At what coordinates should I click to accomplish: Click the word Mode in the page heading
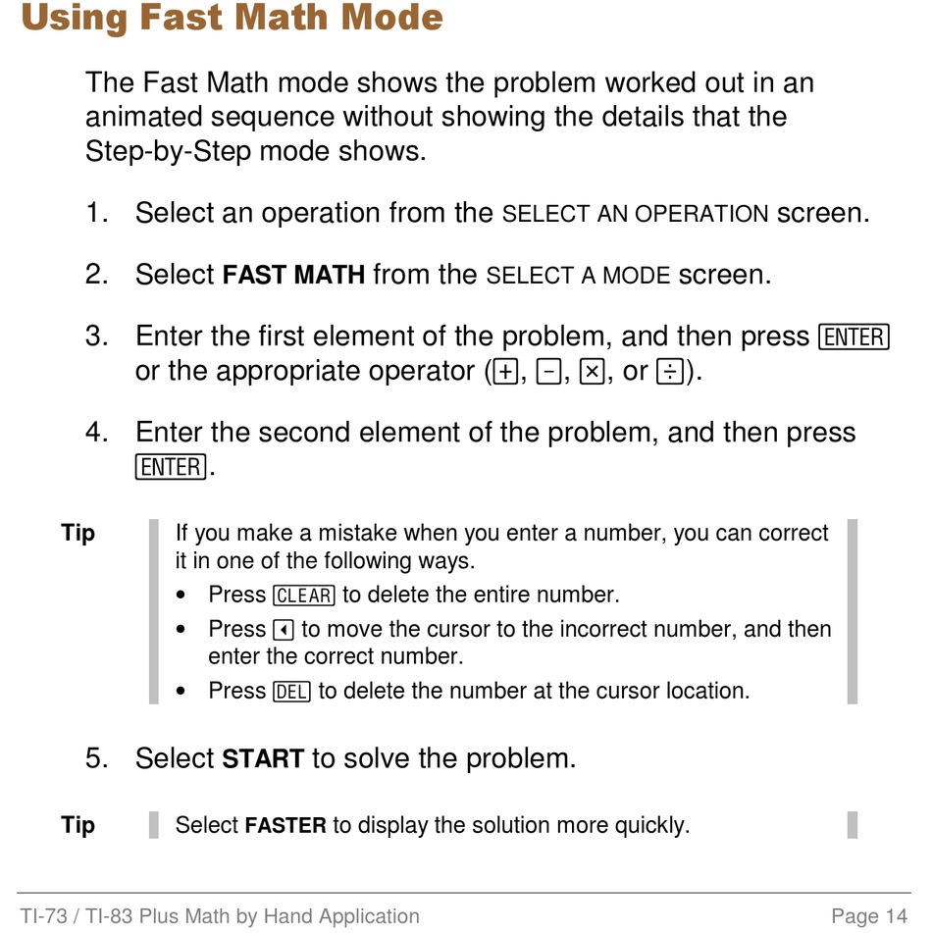coord(391,17)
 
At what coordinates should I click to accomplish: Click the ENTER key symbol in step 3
coord(854,337)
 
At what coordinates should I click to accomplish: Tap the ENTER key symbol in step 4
coord(171,467)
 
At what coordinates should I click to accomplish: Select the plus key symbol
coord(505,372)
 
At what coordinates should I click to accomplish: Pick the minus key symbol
coord(548,372)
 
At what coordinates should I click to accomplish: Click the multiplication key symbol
coord(593,372)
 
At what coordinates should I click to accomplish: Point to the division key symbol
coord(669,372)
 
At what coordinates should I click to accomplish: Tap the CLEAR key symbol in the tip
coord(303,596)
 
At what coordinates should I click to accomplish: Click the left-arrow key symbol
coord(284,630)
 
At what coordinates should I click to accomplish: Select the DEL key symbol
coord(291,692)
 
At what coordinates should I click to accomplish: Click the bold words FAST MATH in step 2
coord(293,275)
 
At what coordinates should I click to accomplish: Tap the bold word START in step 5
coord(263,758)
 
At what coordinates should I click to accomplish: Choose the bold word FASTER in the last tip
coord(285,825)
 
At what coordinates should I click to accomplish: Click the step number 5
coord(96,758)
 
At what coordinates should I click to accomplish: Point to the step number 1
coord(96,213)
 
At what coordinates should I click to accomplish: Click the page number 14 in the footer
coord(897,915)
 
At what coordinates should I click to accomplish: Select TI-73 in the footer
coord(43,915)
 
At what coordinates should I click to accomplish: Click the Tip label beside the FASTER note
coord(78,825)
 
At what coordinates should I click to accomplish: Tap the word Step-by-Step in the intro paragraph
coord(169,152)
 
